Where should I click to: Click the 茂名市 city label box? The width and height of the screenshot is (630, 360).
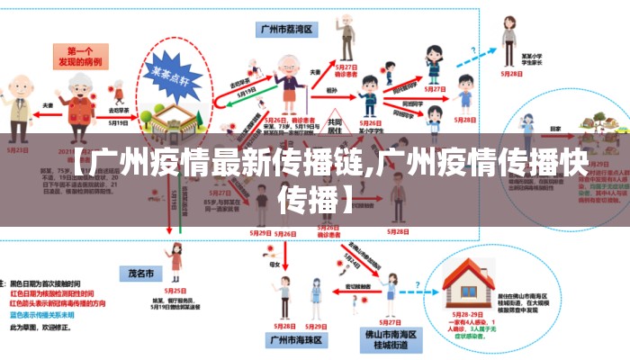[x=136, y=272]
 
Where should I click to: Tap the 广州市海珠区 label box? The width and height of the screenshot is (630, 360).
[x=294, y=340]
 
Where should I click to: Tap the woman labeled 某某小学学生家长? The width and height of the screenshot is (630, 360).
[x=508, y=45]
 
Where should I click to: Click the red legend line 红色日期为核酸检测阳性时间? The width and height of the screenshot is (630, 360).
[x=49, y=293]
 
